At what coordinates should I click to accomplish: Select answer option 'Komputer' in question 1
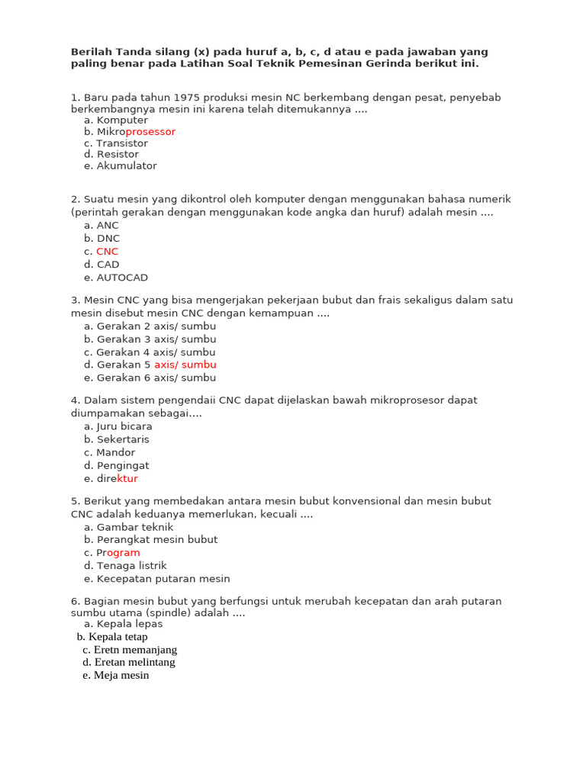[122, 121]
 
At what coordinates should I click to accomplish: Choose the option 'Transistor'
[122, 143]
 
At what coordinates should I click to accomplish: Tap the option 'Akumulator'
[127, 166]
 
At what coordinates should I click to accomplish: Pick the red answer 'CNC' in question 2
[108, 252]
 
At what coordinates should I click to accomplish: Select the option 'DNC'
[108, 239]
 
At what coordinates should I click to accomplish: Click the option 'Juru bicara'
[124, 426]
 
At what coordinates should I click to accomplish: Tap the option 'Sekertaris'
[123, 439]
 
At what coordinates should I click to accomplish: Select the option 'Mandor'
[115, 452]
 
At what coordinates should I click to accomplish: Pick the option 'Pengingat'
[123, 465]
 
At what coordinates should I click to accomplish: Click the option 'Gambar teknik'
[135, 527]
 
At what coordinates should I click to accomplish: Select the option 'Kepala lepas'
[130, 624]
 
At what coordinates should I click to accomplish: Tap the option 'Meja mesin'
[121, 676]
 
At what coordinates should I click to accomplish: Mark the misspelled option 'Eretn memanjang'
[135, 650]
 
